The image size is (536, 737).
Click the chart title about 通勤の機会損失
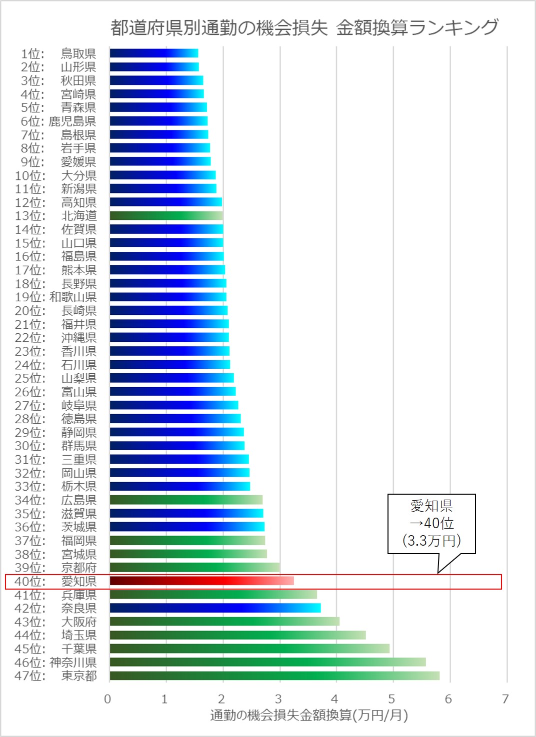coord(304,27)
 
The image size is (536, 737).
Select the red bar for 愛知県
coord(201,581)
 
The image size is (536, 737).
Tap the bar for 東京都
coord(274,676)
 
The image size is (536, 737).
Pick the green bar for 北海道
coord(166,216)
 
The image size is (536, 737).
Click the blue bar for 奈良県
coord(215,608)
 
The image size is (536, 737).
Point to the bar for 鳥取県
coord(154,53)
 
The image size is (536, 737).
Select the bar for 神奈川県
coord(267,662)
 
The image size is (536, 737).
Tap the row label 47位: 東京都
coord(55,676)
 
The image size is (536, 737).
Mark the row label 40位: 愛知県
coord(55,581)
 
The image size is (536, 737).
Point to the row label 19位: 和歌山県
coord(55,297)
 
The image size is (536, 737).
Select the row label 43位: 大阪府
coord(55,622)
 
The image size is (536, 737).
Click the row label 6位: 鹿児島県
coord(58,121)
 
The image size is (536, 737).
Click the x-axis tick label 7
coord(505,699)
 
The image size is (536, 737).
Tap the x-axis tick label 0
coord(107,699)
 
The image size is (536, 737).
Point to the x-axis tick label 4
coord(335,699)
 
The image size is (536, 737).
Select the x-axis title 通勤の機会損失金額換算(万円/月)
coord(309,716)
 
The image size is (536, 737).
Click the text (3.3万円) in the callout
coord(431,540)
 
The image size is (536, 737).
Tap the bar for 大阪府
coord(224,622)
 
